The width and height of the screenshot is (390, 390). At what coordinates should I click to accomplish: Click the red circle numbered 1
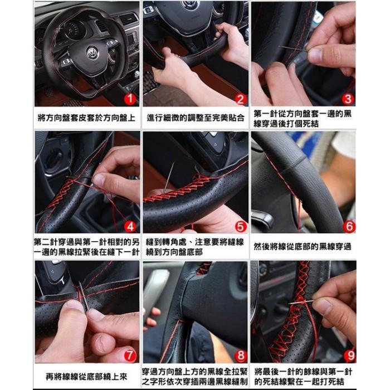coord(129,99)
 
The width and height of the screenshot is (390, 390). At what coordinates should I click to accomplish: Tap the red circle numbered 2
coord(240,99)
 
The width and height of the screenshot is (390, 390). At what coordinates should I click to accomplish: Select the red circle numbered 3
coord(347,99)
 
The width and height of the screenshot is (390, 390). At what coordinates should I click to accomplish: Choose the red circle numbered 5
coord(240,226)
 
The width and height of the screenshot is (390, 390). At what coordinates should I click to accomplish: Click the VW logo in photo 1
coord(92,53)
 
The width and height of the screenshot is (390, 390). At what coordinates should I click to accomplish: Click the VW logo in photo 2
coord(191,5)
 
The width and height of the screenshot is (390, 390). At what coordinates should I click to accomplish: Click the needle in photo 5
coord(168,178)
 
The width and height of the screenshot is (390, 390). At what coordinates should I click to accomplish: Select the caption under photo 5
coord(196,246)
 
